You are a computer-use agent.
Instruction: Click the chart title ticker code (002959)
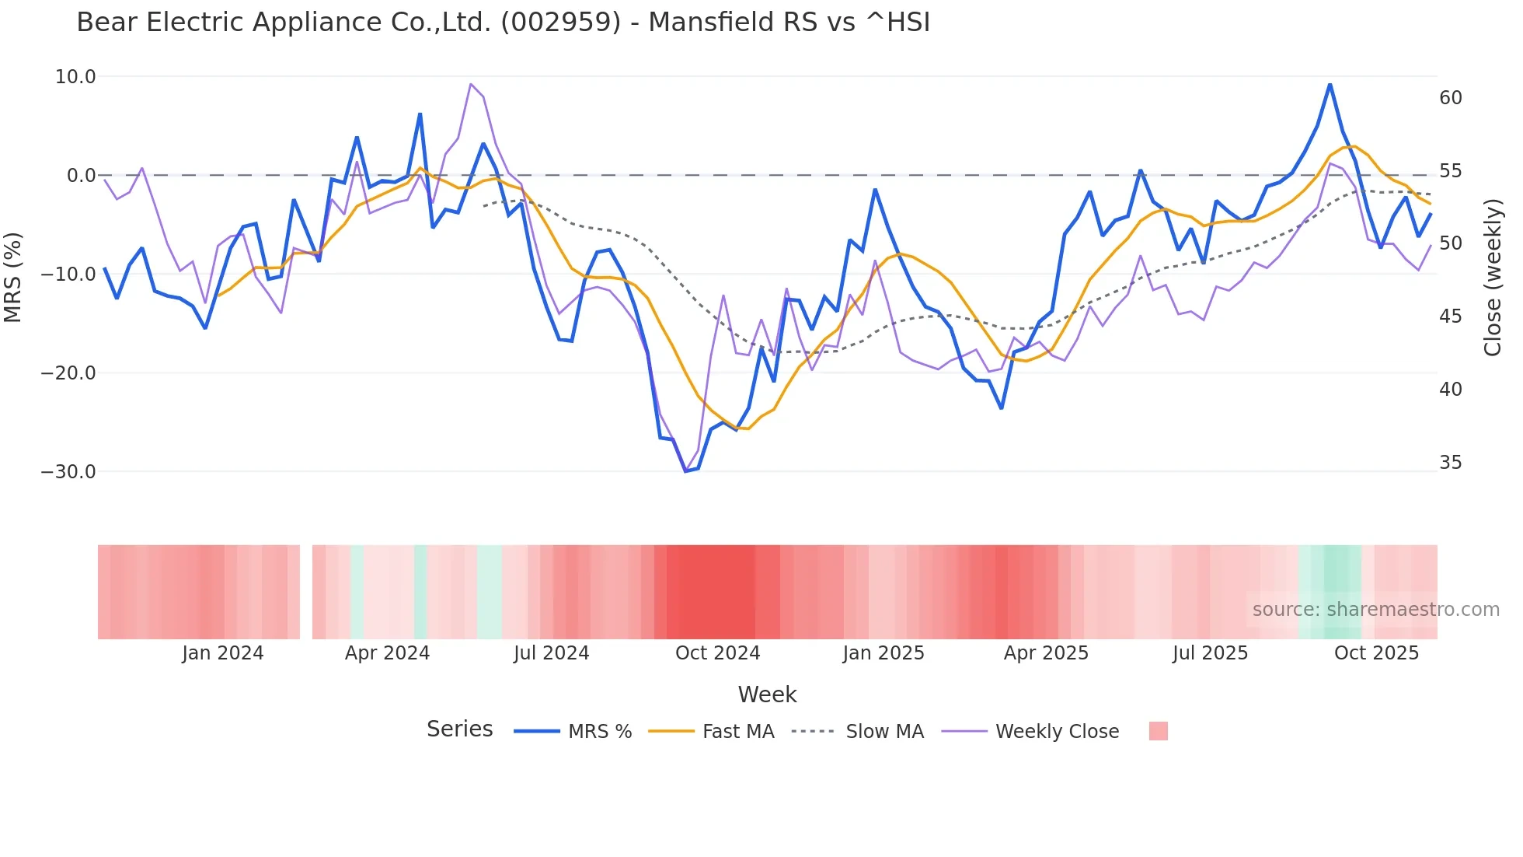click(x=561, y=23)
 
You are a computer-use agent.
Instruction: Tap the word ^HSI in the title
click(x=897, y=23)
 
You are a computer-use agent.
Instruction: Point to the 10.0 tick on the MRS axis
click(x=75, y=77)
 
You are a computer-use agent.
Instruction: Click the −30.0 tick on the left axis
click(x=68, y=472)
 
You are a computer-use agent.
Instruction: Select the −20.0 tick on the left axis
click(x=68, y=373)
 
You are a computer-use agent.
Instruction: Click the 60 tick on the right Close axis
click(x=1450, y=98)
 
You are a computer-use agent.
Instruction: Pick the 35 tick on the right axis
click(x=1450, y=463)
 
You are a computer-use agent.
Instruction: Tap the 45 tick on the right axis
click(x=1450, y=317)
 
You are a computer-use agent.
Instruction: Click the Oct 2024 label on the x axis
click(x=717, y=653)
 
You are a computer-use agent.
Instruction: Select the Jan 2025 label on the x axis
click(x=883, y=653)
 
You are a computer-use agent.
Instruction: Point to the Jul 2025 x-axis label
click(x=1210, y=653)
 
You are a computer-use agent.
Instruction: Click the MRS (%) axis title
click(x=13, y=277)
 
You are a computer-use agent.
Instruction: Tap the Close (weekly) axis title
click(x=1493, y=278)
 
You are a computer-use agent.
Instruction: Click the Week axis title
click(x=767, y=694)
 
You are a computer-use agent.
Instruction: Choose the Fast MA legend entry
click(x=737, y=732)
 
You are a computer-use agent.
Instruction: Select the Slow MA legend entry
click(x=884, y=732)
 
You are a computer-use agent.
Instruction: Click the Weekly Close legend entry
click(x=1057, y=732)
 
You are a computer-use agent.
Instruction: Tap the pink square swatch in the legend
click(x=1158, y=731)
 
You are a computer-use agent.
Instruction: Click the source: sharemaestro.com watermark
click(x=1375, y=610)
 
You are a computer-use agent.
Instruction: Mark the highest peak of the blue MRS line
click(x=1330, y=85)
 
